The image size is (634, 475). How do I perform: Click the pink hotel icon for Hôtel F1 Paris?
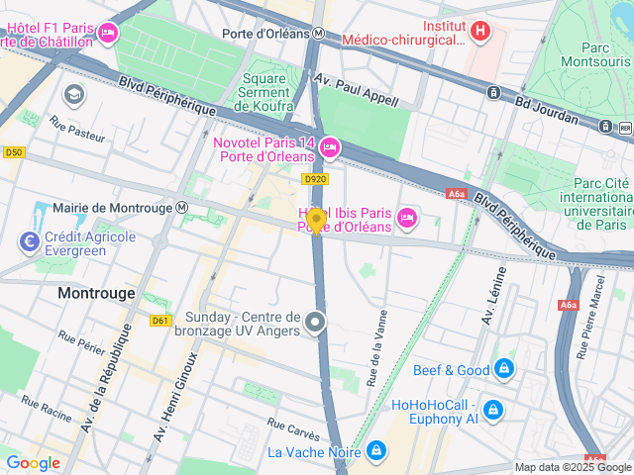pyautogui.click(x=109, y=34)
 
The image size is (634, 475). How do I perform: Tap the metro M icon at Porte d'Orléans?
pyautogui.click(x=318, y=32)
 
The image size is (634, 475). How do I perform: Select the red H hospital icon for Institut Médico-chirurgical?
pyautogui.click(x=480, y=32)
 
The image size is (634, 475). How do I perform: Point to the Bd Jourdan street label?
pyautogui.click(x=545, y=109)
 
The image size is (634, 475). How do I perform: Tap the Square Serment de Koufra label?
pyautogui.click(x=266, y=92)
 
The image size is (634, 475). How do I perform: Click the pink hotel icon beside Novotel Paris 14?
pyautogui.click(x=330, y=147)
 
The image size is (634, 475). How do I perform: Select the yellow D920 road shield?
pyautogui.click(x=314, y=179)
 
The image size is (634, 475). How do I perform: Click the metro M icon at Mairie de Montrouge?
pyautogui.click(x=181, y=208)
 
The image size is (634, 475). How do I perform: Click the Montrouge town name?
pyautogui.click(x=95, y=293)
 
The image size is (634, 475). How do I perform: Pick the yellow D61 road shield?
pyautogui.click(x=161, y=320)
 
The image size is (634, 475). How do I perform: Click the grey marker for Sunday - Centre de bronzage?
pyautogui.click(x=315, y=322)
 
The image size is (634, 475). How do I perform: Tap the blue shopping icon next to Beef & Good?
pyautogui.click(x=504, y=369)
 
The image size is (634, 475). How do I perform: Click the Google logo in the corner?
pyautogui.click(x=33, y=462)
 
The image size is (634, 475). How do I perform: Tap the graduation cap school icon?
pyautogui.click(x=74, y=95)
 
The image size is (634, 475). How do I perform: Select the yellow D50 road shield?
pyautogui.click(x=13, y=152)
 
